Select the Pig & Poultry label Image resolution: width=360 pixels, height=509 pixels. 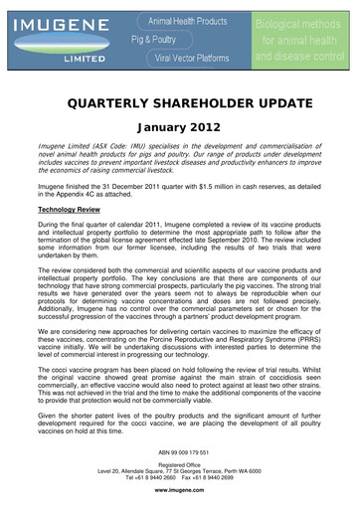(x=150, y=38)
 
